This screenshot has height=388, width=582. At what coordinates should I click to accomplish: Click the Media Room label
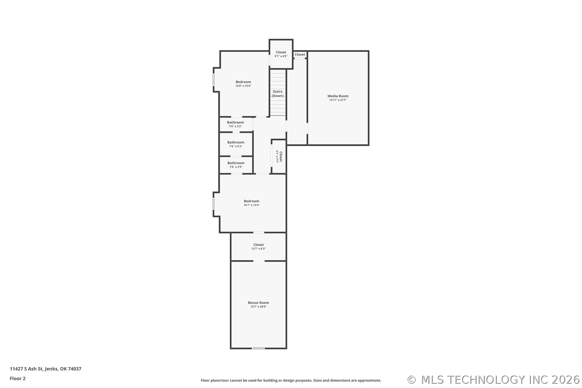pyautogui.click(x=338, y=96)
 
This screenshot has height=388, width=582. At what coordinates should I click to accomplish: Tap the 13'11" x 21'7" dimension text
pyautogui.click(x=338, y=100)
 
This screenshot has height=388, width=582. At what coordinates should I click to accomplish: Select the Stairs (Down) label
pyautogui.click(x=278, y=93)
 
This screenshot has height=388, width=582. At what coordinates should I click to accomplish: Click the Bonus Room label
pyautogui.click(x=258, y=303)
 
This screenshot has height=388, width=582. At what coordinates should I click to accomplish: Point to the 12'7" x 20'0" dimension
pyautogui.click(x=258, y=307)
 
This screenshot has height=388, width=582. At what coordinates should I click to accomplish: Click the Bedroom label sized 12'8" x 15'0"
pyautogui.click(x=243, y=82)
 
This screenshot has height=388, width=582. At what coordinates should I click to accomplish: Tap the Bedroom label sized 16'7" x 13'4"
pyautogui.click(x=251, y=201)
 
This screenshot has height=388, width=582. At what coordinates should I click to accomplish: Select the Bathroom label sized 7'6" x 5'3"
pyautogui.click(x=236, y=142)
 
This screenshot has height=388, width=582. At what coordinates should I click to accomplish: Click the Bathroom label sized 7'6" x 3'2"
pyautogui.click(x=235, y=122)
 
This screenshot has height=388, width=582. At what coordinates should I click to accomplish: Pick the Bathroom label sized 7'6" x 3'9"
pyautogui.click(x=236, y=163)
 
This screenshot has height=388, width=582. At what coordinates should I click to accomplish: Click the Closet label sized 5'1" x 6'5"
pyautogui.click(x=281, y=52)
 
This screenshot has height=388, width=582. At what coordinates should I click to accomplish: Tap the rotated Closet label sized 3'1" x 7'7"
pyautogui.click(x=280, y=157)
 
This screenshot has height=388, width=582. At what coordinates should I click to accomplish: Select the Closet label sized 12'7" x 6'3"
pyautogui.click(x=258, y=245)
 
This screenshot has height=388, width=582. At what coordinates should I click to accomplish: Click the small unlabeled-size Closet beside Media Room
pyautogui.click(x=300, y=55)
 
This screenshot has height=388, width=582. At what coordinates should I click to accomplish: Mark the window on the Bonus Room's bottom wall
pyautogui.click(x=258, y=348)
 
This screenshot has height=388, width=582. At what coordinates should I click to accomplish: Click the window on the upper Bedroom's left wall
pyautogui.click(x=214, y=79)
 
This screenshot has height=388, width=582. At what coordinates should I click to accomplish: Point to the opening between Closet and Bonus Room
pyautogui.click(x=259, y=261)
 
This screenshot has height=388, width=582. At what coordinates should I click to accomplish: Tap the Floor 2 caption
pyautogui.click(x=17, y=379)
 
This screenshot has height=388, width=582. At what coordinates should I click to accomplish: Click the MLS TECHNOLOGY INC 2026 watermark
pyautogui.click(x=494, y=380)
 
